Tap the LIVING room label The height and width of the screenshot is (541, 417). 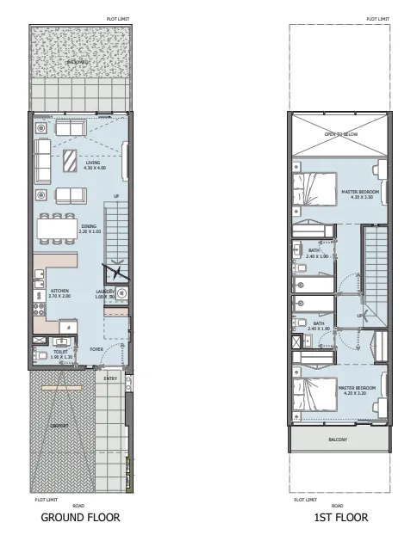(92, 164)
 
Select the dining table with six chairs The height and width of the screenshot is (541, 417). (57, 229)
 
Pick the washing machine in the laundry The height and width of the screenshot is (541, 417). (121, 292)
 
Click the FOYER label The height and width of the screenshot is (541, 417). (96, 349)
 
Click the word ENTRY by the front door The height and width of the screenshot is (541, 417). (110, 378)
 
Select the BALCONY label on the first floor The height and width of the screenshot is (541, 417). (338, 440)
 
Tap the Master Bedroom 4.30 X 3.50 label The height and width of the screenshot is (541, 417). (356, 194)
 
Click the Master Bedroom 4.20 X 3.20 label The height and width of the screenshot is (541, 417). (354, 390)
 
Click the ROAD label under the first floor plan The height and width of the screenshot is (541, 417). (338, 506)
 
